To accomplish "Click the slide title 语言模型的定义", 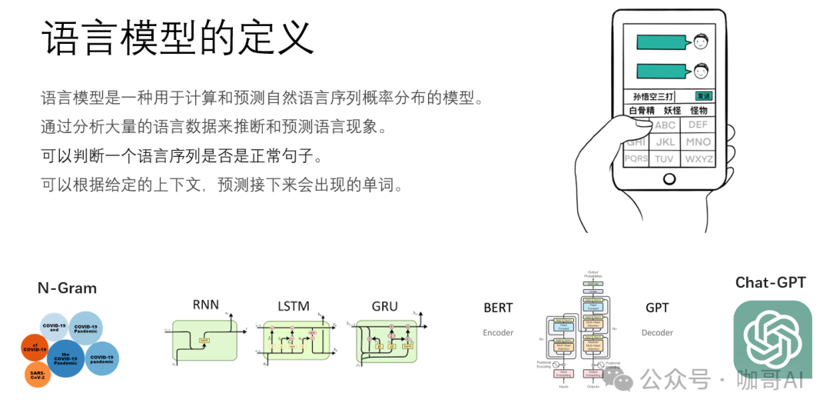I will tap(178, 37).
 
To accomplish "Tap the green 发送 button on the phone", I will tap(703, 96).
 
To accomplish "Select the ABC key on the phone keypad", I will tap(665, 125).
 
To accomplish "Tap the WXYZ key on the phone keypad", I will tap(699, 159).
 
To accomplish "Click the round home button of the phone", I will tap(669, 179).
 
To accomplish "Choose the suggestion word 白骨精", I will tap(642, 111).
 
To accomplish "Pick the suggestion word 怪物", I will tap(699, 111).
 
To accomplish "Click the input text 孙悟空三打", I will tap(652, 97).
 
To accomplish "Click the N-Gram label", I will tap(67, 288).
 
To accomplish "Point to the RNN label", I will tap(205, 305).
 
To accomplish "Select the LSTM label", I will tap(294, 306).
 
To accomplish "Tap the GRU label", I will tap(384, 306).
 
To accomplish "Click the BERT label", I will tap(498, 308).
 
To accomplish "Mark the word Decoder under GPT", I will tap(656, 333).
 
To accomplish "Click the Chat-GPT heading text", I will tap(770, 282).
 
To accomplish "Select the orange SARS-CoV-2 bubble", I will tap(38, 375).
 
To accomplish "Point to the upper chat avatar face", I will tap(700, 41).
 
